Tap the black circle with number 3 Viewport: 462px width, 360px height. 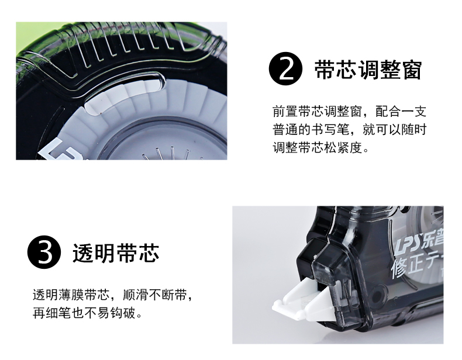coord(44,252)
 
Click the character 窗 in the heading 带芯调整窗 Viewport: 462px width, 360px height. coord(412,70)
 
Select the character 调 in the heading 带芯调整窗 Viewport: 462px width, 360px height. coord(368,70)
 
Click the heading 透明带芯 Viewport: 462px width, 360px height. coord(116,252)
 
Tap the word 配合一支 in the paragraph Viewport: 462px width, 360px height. coord(401,112)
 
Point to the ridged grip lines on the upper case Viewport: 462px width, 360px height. coord(142,41)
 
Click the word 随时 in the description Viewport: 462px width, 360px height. coord(413,130)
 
